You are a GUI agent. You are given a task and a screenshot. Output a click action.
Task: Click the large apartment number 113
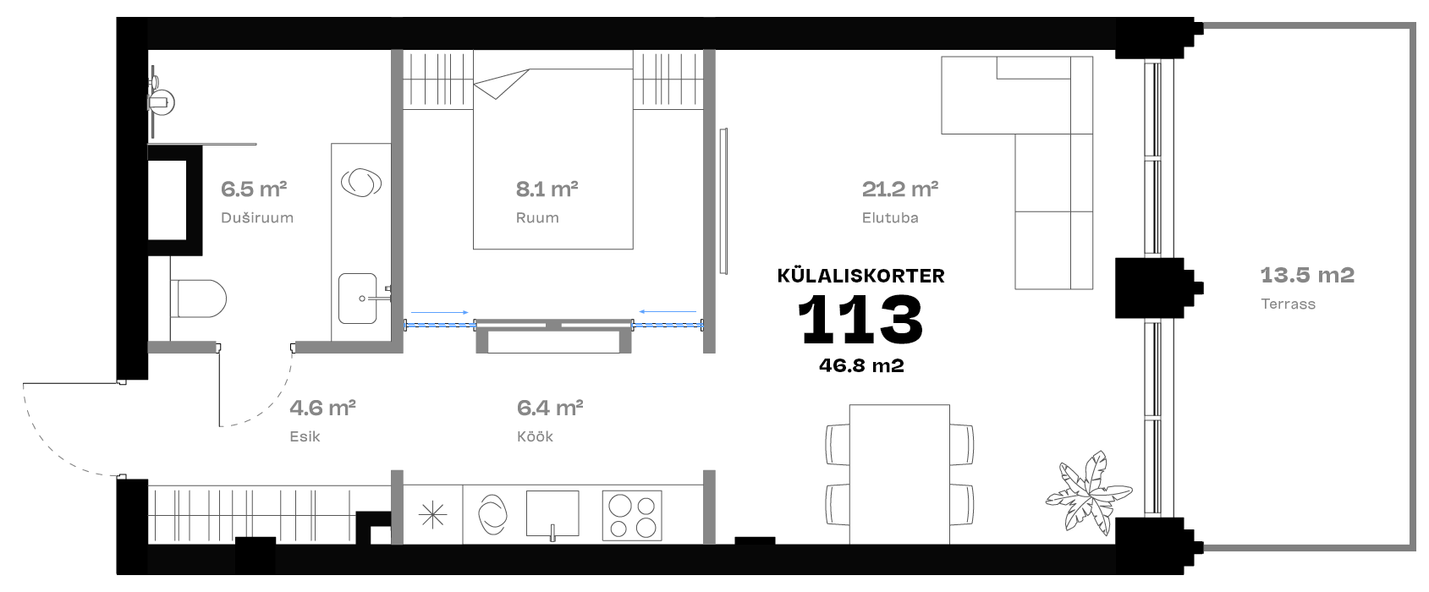(860, 320)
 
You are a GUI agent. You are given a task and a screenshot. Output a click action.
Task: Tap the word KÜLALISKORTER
(860, 276)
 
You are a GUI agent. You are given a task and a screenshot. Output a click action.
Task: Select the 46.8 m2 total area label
(861, 365)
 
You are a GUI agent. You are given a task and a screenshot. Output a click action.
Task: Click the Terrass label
(1288, 304)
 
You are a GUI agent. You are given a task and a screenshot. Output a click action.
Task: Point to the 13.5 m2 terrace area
(1307, 275)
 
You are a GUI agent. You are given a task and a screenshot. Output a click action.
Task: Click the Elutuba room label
(890, 217)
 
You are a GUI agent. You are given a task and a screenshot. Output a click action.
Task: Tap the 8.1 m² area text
(547, 189)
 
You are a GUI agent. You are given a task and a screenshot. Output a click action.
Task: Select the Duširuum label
(257, 217)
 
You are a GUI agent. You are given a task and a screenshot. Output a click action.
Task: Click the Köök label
(535, 436)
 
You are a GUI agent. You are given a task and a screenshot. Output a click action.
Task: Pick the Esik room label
(305, 436)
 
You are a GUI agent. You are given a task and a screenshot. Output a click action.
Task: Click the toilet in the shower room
(198, 299)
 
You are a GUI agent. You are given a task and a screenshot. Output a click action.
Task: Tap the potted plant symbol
(1088, 493)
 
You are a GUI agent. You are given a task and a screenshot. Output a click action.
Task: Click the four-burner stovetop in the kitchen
(631, 515)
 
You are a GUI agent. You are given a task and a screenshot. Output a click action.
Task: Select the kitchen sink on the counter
(552, 514)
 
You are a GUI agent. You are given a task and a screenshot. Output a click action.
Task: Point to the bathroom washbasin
(358, 299)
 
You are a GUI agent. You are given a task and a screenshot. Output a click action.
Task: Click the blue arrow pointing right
(440, 313)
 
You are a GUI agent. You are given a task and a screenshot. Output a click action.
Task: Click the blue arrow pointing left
(668, 311)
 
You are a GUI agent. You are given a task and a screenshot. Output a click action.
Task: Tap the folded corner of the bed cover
(501, 85)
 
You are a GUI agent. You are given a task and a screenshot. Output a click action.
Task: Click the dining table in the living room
(899, 474)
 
